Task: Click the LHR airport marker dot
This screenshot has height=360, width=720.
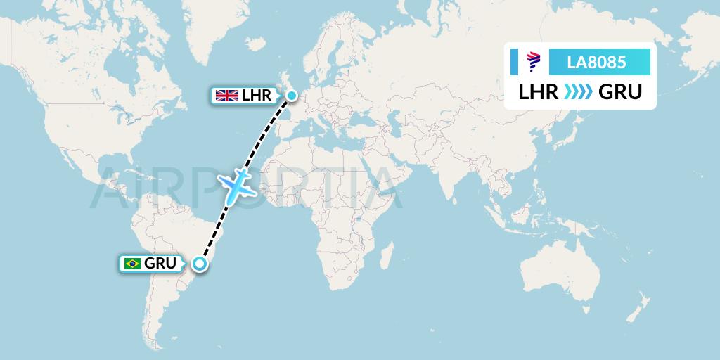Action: coord(291,95)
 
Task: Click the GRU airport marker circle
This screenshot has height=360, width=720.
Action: coord(200,264)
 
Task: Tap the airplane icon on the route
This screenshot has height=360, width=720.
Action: coord(238,184)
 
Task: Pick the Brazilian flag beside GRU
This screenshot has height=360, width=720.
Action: coord(131,264)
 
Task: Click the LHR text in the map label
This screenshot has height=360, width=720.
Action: coord(256,96)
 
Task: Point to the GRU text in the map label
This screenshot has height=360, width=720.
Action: coord(161,264)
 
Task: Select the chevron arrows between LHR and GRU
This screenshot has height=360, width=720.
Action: coord(579,92)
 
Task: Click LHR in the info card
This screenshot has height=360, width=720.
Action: coord(539,92)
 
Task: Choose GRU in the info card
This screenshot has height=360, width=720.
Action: coord(619,92)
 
